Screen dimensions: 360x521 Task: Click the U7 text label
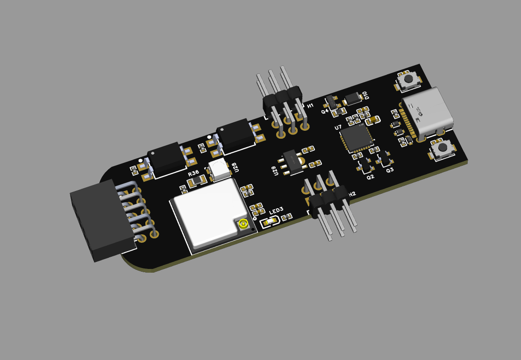(338, 127)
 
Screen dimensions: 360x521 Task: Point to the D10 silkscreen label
(366, 95)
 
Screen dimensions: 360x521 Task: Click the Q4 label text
(325, 112)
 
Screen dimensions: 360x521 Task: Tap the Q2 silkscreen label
(370, 177)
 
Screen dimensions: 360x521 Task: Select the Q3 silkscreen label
(390, 170)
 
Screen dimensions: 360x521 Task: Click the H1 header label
(311, 106)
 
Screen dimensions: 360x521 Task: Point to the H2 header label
(352, 194)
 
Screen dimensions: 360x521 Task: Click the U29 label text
(275, 171)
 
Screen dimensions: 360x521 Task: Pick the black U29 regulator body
(292, 162)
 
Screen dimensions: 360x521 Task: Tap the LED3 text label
(275, 211)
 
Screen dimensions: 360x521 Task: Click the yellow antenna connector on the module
(243, 224)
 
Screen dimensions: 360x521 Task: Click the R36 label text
(193, 173)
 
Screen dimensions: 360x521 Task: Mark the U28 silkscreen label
(234, 167)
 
